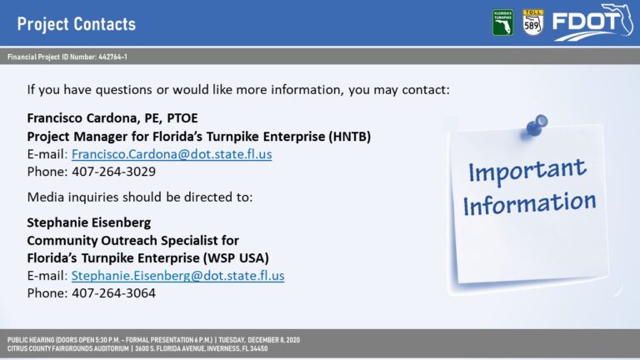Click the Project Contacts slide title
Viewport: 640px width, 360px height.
pyautogui.click(x=77, y=24)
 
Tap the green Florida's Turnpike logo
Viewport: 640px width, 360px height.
pyautogui.click(x=502, y=22)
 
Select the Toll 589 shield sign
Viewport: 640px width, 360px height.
pyautogui.click(x=532, y=22)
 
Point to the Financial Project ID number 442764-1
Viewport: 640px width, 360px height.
pyautogui.click(x=112, y=57)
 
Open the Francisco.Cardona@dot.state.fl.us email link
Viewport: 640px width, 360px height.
pyautogui.click(x=172, y=154)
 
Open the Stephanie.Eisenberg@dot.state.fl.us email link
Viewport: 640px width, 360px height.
pyautogui.click(x=178, y=276)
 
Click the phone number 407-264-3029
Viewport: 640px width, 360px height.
pyautogui.click(x=114, y=172)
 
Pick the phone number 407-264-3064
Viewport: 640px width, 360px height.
pyautogui.click(x=114, y=293)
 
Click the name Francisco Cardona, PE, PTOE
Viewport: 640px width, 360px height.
pyautogui.click(x=112, y=118)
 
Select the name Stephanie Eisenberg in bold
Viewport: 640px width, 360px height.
pyautogui.click(x=89, y=222)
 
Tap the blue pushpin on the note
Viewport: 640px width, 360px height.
pyautogui.click(x=536, y=126)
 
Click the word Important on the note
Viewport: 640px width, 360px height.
pyautogui.click(x=527, y=171)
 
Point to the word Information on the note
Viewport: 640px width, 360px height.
pyautogui.click(x=529, y=203)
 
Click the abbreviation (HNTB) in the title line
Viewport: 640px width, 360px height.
pyautogui.click(x=350, y=137)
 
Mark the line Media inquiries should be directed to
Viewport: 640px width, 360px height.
pyautogui.click(x=140, y=197)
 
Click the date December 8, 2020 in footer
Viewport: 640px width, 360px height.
pyautogui.click(x=273, y=340)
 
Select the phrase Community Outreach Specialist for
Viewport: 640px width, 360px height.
pyautogui.click(x=132, y=241)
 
